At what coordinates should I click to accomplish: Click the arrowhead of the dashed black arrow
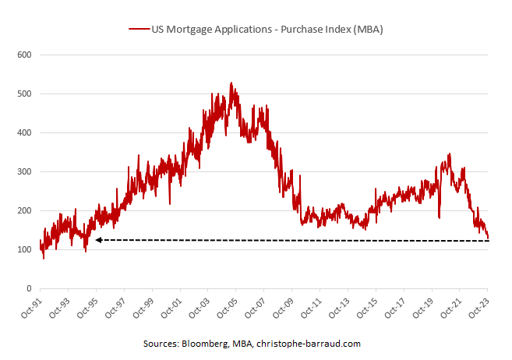pyautogui.click(x=98, y=240)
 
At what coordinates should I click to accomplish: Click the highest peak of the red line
pyautogui.click(x=231, y=83)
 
